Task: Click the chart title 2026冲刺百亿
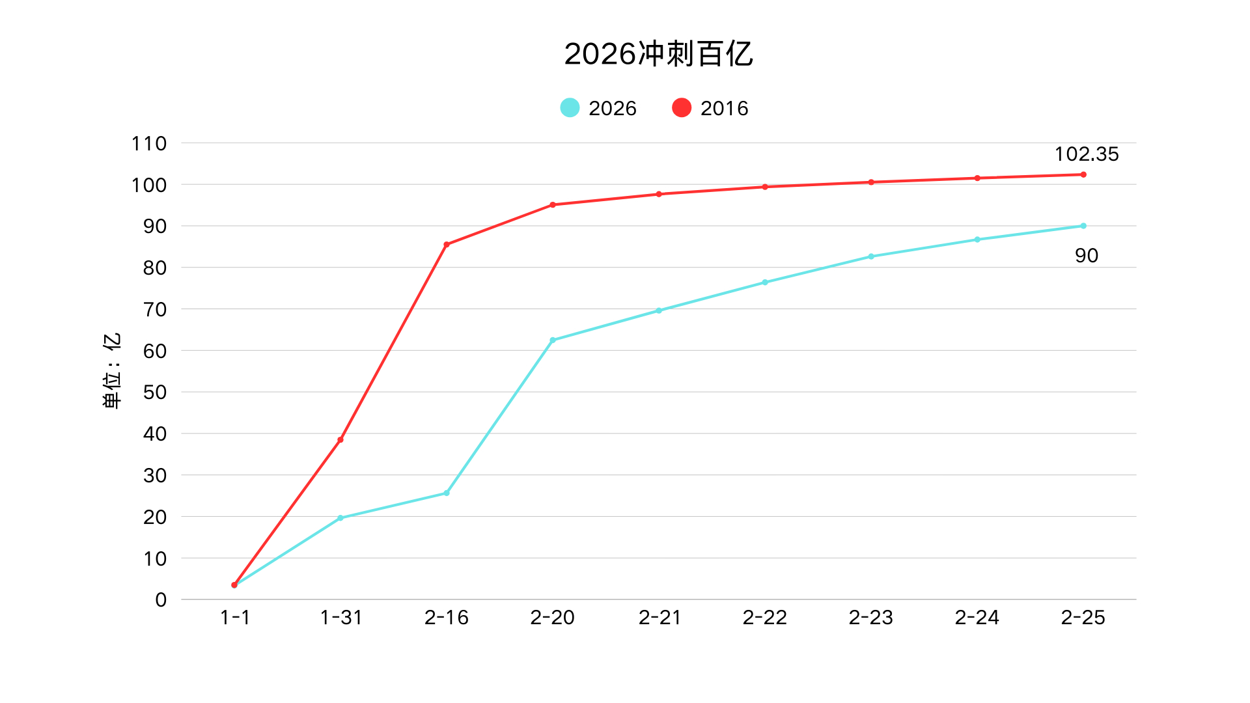[658, 53]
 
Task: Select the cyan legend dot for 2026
[570, 107]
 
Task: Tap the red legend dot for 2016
[682, 107]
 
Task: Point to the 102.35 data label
[1086, 154]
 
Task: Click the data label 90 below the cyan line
[1086, 256]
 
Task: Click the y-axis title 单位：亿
[112, 371]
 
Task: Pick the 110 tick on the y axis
[149, 143]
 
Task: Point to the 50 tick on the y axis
[155, 393]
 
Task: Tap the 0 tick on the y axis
[161, 600]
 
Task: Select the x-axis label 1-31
[340, 617]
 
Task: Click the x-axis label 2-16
[447, 617]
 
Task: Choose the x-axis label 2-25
[1083, 617]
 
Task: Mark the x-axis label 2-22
[765, 617]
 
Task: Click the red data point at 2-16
[447, 245]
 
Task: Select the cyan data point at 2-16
[447, 493]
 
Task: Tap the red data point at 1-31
[340, 440]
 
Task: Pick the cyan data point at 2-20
[553, 340]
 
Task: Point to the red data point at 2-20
[553, 205]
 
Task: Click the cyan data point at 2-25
[1083, 226]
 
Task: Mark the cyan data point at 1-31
[340, 518]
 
